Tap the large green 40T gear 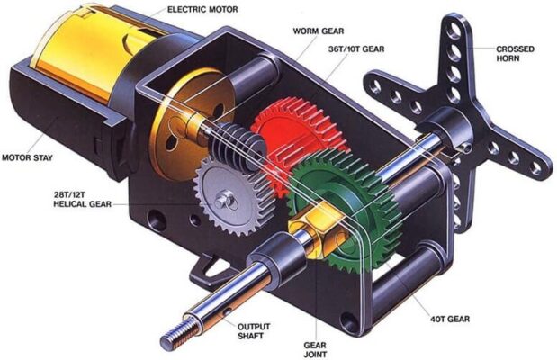pos(342,216)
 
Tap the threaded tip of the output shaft pos(174,340)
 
